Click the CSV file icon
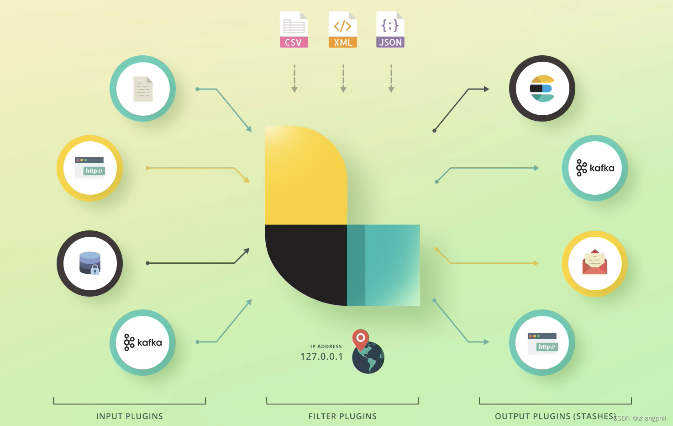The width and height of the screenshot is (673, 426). coord(294,30)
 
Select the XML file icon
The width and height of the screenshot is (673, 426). coord(342,30)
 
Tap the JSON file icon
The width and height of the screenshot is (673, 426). coord(390,30)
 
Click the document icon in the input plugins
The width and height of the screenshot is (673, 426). coord(143,89)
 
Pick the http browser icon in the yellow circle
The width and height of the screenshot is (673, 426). coord(89,168)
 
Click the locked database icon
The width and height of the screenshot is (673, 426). coord(90,263)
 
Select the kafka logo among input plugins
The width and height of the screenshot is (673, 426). coord(142,342)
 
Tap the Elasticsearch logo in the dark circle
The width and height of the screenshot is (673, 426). coord(542,88)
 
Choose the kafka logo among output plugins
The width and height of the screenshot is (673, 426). coord(595,168)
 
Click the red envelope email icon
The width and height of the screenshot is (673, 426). coord(594,263)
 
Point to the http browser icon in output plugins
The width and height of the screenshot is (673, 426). coord(542,343)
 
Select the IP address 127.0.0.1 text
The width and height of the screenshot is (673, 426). coord(321,357)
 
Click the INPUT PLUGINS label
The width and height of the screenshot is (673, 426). coord(129,416)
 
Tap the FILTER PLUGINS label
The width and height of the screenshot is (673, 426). coord(342,416)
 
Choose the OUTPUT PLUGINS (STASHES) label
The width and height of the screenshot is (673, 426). coord(555,416)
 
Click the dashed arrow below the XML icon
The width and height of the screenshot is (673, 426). coord(343,79)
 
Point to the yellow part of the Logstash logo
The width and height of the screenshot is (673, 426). coord(306,178)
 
